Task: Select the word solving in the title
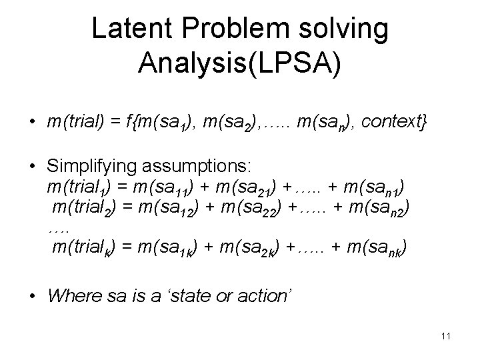[x=349, y=29]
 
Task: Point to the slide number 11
[x=445, y=336]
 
